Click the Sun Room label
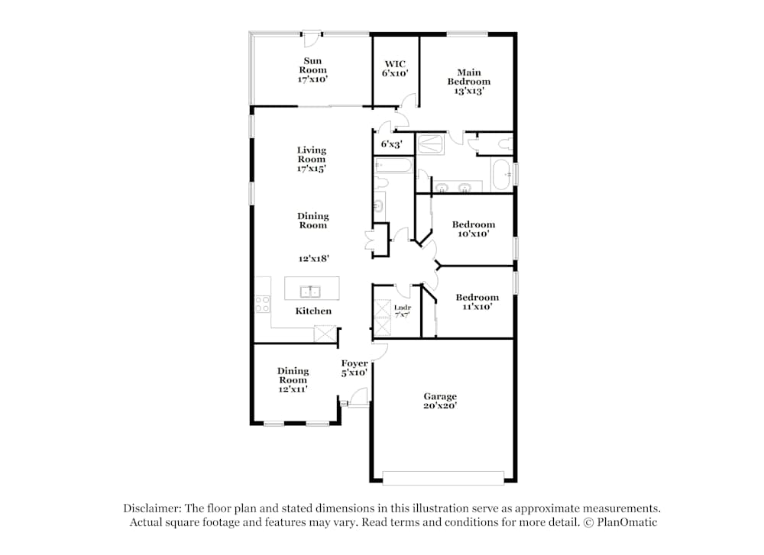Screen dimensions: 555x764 (312, 69)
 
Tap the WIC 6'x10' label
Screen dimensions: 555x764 (395, 69)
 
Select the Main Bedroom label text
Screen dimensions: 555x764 (468, 82)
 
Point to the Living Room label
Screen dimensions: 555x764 (312, 160)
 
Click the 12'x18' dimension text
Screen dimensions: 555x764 (312, 259)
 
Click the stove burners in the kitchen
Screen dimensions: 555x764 (263, 304)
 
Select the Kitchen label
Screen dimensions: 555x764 (313, 311)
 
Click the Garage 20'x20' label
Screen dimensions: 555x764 (440, 401)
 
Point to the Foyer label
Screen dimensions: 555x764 (354, 368)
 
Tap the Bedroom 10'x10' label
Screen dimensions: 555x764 (473, 229)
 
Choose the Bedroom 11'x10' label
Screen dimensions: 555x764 (477, 302)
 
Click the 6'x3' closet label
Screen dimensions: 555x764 (392, 144)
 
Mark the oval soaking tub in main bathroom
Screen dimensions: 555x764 (501, 175)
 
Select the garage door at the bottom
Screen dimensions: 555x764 (443, 479)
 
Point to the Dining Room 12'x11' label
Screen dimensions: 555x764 (293, 379)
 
